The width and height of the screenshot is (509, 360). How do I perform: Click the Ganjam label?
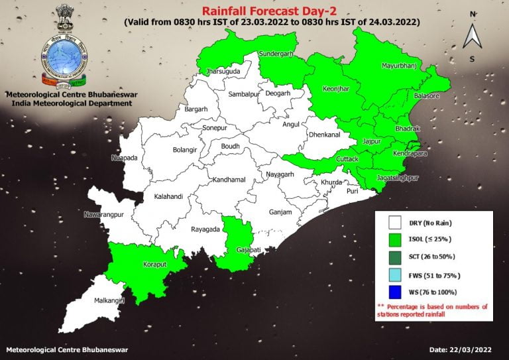(280, 212)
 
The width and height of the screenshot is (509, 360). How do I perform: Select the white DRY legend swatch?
(396, 223)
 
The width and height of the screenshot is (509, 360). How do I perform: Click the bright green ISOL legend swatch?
(396, 240)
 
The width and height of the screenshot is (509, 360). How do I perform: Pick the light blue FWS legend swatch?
(396, 274)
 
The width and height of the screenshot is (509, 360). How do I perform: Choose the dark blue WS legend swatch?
(396, 292)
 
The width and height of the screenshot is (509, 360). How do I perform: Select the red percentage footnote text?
(432, 310)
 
